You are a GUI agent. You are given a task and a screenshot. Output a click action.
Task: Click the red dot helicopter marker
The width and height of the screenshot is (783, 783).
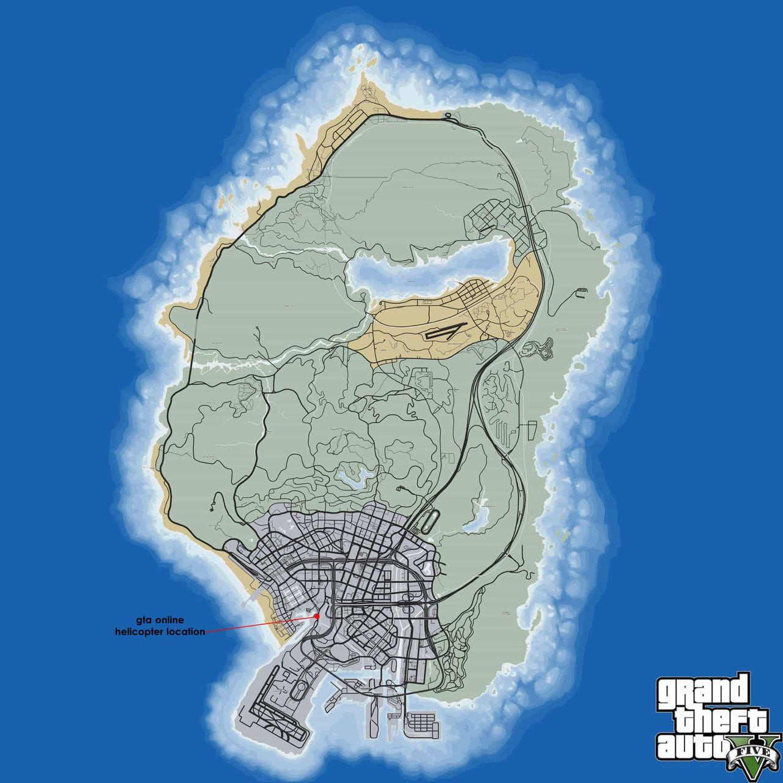tap(318, 616)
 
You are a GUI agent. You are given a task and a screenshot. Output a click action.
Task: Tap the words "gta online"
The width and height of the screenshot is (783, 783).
tap(160, 620)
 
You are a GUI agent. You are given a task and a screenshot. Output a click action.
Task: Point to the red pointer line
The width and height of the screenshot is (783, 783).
tap(263, 623)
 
